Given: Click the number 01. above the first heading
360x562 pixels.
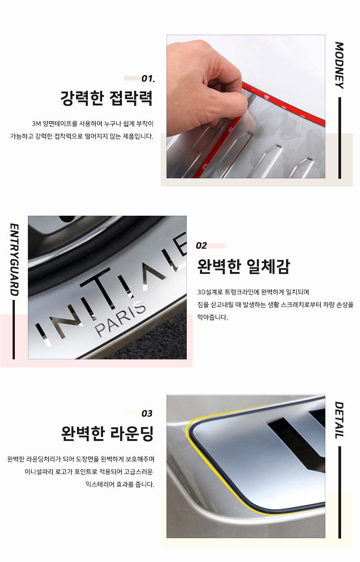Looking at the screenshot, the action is click(x=148, y=78).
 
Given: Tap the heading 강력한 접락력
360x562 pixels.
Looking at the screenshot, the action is click(x=107, y=98).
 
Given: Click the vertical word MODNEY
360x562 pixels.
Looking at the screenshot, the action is click(x=339, y=65).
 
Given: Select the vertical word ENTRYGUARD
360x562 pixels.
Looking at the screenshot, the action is click(x=14, y=260).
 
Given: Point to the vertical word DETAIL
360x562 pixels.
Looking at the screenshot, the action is click(x=339, y=420).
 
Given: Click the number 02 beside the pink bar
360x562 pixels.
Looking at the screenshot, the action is click(x=201, y=245).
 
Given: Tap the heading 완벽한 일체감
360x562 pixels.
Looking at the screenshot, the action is click(x=243, y=266).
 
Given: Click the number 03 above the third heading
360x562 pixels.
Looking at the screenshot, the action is click(x=147, y=413).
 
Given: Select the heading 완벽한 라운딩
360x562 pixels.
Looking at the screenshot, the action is click(x=107, y=434).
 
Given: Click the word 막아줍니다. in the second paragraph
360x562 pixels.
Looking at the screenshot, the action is click(x=212, y=317).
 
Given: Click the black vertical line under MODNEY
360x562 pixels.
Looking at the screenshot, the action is click(x=340, y=138).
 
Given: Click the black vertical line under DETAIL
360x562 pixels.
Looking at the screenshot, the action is click(x=340, y=492).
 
